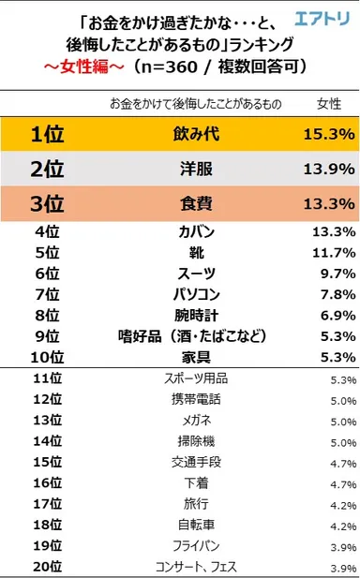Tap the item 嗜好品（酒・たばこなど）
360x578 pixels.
(183, 335)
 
